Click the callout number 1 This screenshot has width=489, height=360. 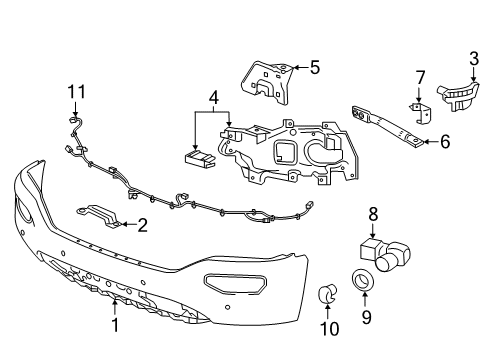[115, 325]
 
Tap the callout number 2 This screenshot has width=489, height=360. [143, 225]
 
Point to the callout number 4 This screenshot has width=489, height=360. [212, 98]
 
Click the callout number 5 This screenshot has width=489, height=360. [314, 68]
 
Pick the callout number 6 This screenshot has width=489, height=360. [445, 142]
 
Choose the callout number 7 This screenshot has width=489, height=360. [420, 76]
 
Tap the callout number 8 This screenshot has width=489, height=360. [373, 213]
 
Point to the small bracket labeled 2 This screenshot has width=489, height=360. [100, 214]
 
